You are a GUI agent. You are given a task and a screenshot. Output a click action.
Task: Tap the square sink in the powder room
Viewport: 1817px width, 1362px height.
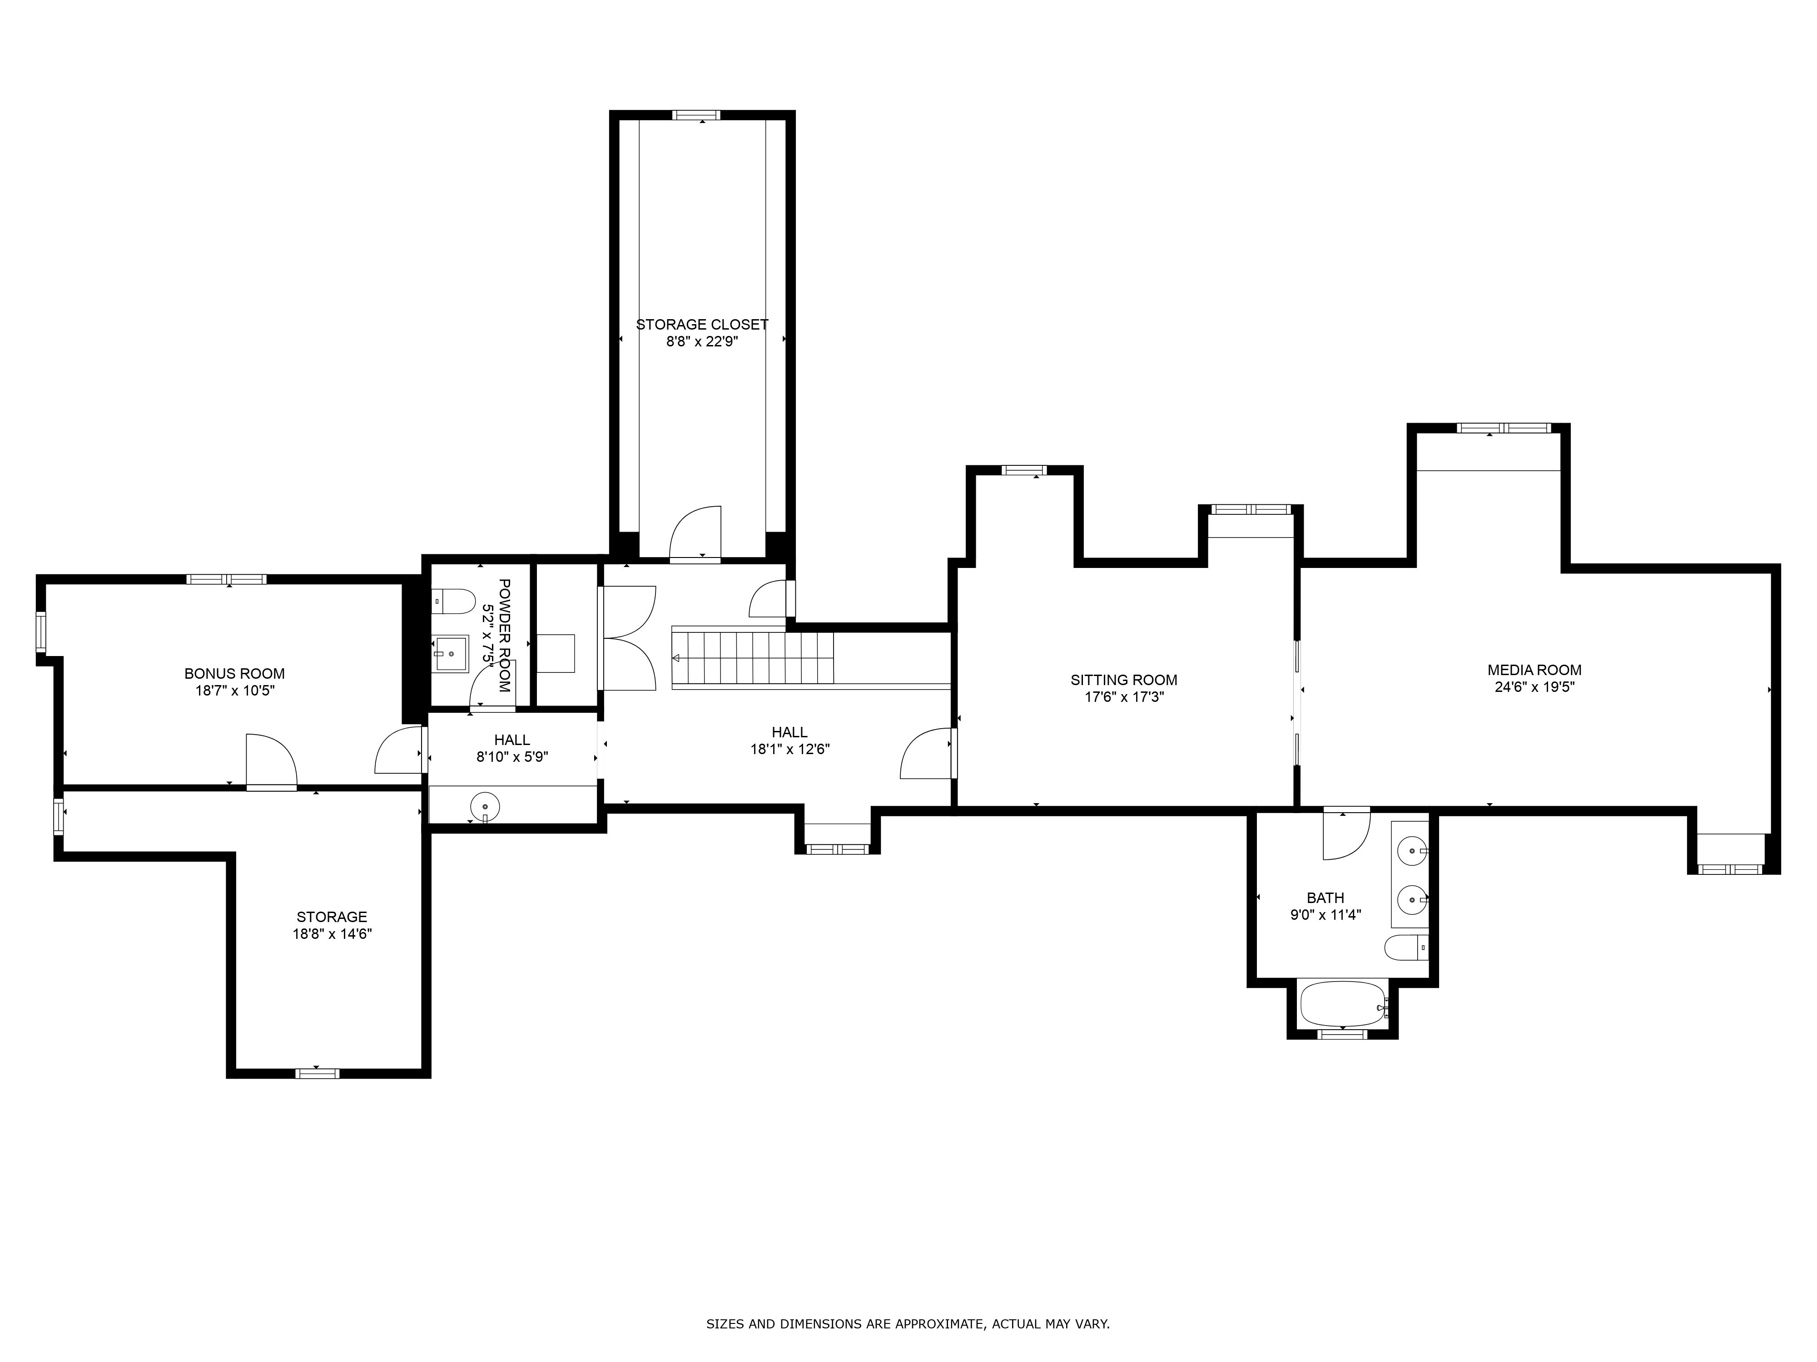click(x=451, y=653)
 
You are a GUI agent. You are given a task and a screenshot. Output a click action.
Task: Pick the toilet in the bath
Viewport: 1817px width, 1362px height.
click(x=1406, y=948)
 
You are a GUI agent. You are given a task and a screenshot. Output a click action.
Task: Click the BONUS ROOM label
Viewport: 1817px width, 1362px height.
click(x=234, y=673)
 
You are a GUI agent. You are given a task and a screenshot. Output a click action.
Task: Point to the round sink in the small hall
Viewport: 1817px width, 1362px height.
click(x=485, y=806)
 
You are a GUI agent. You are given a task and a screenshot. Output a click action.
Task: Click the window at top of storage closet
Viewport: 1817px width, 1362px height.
click(x=696, y=115)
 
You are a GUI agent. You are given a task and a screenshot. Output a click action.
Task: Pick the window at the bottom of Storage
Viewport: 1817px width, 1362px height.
click(x=317, y=1073)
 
